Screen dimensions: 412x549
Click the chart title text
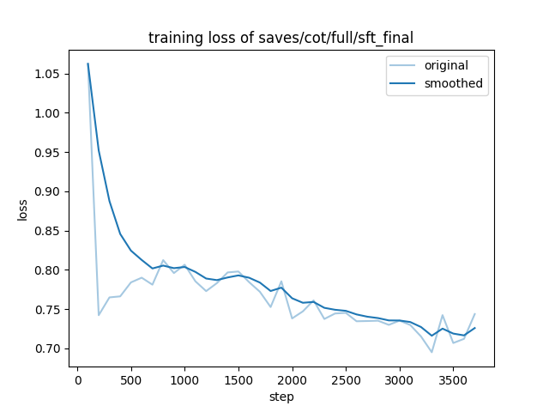(x=274, y=38)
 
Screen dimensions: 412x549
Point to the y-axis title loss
(x=23, y=210)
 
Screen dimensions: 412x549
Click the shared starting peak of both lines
(x=87, y=64)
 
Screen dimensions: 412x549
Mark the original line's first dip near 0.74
(x=99, y=315)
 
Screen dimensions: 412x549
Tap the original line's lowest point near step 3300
(x=431, y=352)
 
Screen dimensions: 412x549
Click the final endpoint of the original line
(x=474, y=314)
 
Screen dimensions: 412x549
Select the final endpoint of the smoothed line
(x=474, y=328)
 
